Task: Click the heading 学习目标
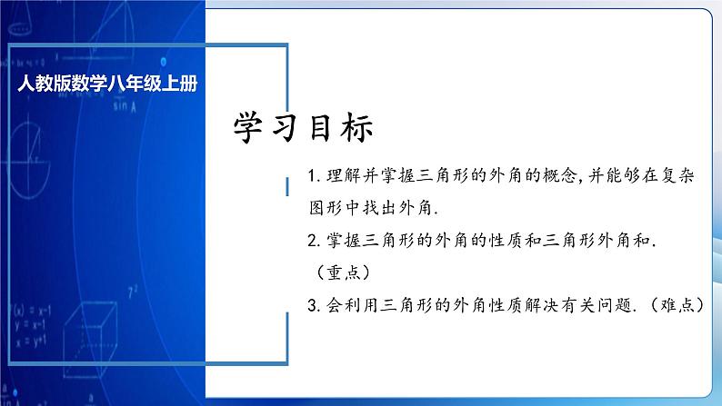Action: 304,128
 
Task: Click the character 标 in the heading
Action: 355,128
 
